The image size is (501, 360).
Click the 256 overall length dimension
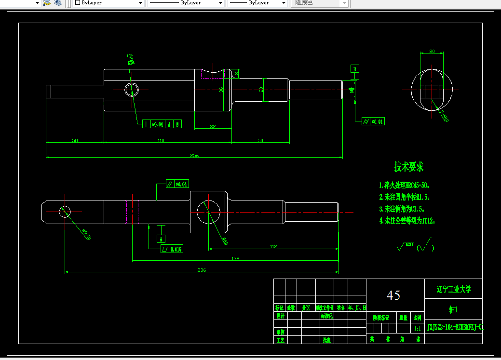point(194,155)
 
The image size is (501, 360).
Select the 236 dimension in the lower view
point(202,270)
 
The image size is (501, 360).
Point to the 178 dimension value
point(235,258)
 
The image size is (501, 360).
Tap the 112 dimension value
point(273,246)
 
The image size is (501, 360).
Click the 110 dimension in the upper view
point(161,140)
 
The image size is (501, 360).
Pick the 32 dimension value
point(213,126)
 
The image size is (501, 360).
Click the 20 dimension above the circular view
point(432,51)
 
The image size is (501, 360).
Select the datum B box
point(355,69)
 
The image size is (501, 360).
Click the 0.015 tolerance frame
point(172,249)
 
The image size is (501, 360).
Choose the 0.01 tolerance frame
point(373,121)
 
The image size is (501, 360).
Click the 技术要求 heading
point(409,167)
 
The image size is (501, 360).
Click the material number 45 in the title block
point(393,295)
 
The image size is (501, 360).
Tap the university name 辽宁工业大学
point(453,289)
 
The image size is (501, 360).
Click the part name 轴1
point(453,310)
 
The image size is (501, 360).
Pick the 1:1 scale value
point(417,328)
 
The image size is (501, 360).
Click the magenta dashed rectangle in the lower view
point(132,212)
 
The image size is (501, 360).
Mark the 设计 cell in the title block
point(280,316)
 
